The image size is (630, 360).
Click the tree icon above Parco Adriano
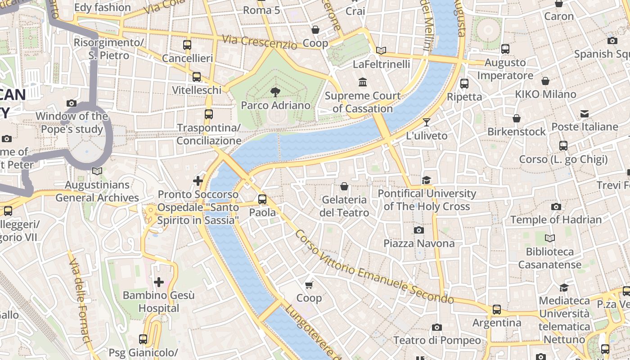coord(274,93)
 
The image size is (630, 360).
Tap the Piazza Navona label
coord(419,243)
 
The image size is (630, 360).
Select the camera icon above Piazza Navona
coord(419,230)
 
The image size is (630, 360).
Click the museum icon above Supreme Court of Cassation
coord(363,82)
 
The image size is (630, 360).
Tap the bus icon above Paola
coord(262,199)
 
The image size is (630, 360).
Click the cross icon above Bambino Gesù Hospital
coord(159,282)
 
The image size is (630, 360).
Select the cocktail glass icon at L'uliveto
coord(427,122)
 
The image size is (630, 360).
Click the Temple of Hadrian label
coord(556,220)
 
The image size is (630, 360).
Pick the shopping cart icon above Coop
coord(309,285)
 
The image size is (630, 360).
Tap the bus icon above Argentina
coord(497,310)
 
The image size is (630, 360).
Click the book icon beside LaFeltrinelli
coord(381,51)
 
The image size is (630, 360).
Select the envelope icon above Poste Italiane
coord(585,114)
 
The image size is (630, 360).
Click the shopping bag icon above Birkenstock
coord(517,118)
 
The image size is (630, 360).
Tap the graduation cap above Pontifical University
coord(427,180)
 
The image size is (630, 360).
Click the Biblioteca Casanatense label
coord(549,258)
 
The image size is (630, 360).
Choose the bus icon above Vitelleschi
coord(197,77)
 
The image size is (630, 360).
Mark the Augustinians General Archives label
coord(97,191)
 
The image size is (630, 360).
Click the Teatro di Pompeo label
coord(437,341)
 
